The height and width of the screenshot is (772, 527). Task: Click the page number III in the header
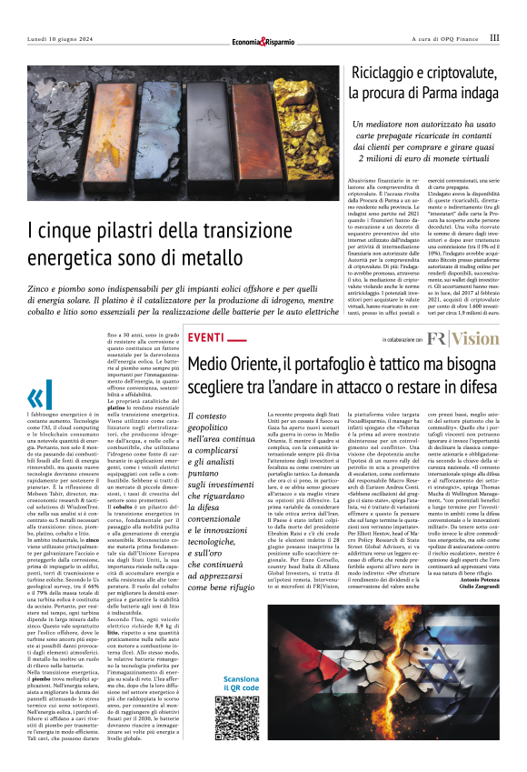click(x=493, y=38)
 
